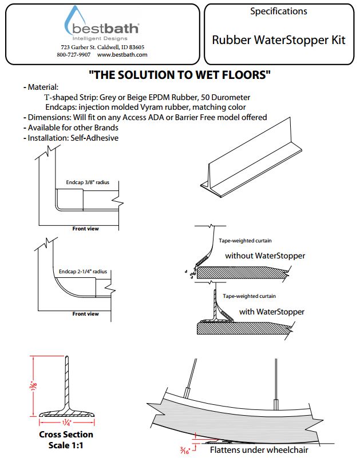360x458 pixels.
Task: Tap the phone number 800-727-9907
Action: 73,55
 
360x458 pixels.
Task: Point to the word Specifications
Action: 279,11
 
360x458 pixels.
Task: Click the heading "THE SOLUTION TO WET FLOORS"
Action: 180,74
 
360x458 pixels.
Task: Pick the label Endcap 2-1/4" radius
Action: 83,272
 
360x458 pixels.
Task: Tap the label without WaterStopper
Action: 265,256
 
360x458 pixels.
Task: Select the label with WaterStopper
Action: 272,312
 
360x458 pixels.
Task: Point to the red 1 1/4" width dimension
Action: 66,424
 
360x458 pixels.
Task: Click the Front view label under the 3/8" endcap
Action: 85,229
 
